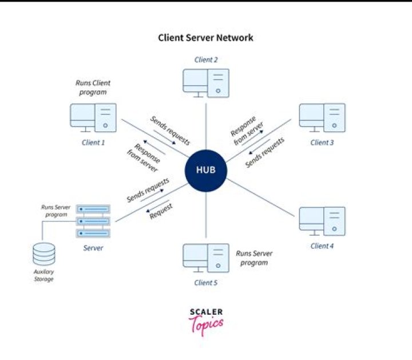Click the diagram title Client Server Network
coord(205,38)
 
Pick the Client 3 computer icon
coord(322,118)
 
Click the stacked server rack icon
coord(93,221)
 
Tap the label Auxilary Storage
coord(44,276)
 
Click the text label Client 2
coord(206,60)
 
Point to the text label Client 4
coord(322,246)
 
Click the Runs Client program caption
coord(93,87)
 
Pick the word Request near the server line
coord(161,212)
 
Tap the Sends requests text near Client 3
coord(264,153)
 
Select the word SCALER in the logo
coord(206,312)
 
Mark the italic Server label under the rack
coord(93,248)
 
